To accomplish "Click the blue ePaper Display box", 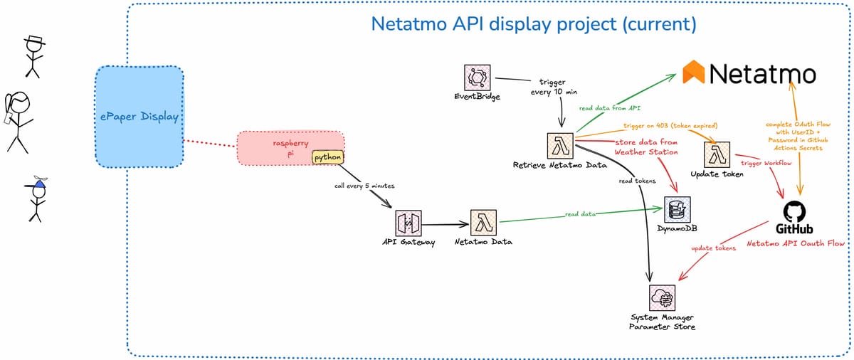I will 140,117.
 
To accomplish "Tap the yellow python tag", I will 328,157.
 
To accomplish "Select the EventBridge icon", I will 476,78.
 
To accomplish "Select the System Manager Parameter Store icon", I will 663,296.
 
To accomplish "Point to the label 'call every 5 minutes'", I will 364,186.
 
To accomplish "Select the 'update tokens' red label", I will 714,248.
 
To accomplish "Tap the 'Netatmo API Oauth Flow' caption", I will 795,243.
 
